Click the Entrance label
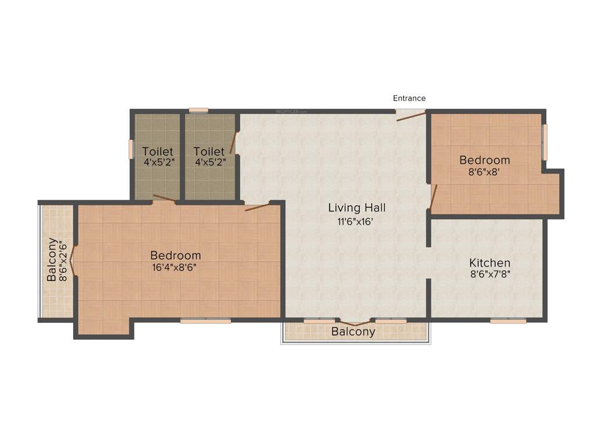409,98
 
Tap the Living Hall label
357,207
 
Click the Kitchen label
490,263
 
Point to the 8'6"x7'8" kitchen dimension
490,275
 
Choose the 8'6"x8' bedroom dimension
484,172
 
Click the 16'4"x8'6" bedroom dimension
175,268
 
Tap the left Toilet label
158,152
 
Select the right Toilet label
209,152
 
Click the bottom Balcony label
353,332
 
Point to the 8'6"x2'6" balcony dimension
64,260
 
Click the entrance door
411,116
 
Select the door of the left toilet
164,199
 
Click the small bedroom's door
433,196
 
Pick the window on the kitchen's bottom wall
508,321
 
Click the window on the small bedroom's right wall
544,142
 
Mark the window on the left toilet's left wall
131,149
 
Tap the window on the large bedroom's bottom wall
205,321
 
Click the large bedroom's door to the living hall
257,206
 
